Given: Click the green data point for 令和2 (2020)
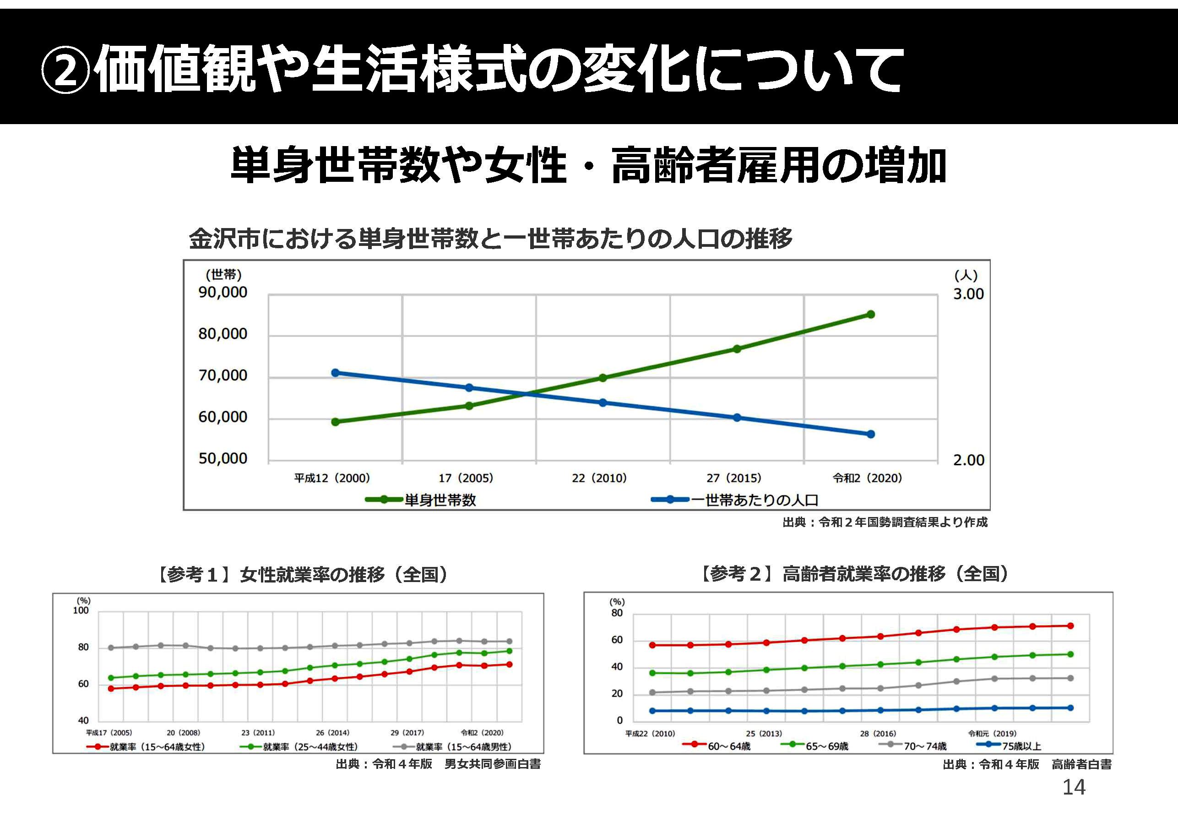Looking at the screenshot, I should point(870,314).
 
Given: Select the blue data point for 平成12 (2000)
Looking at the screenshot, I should point(335,373).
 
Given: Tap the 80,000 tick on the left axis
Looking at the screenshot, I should point(223,334).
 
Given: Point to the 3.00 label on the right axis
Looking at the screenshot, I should point(968,294).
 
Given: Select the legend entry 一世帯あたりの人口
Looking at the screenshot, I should point(754,500).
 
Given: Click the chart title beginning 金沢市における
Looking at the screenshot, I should point(490,239).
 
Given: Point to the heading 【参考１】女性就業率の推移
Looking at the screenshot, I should point(302,574).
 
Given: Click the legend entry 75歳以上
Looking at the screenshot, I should point(1021,746).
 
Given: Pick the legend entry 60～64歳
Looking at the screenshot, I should point(728,746).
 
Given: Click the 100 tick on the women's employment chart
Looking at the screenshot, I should point(81,611).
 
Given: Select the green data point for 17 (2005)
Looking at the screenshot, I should point(469,405).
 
